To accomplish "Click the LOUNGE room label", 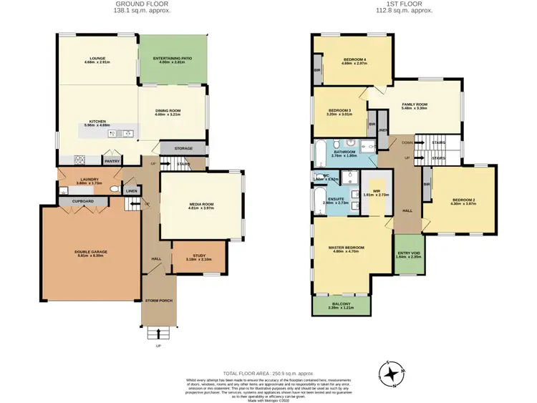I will (x=97, y=59).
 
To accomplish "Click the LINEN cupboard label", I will (x=131, y=191).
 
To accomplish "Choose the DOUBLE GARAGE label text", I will (x=95, y=251).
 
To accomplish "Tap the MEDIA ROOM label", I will (x=202, y=205).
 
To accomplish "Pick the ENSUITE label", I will (x=336, y=200).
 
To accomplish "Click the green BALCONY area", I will (x=341, y=306).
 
